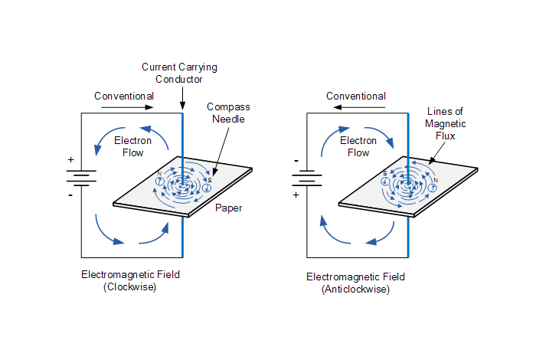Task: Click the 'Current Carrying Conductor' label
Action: coord(180,73)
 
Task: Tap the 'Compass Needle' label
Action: coord(228,114)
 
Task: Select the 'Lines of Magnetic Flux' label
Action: coord(445,123)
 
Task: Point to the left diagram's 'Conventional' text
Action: coord(124,96)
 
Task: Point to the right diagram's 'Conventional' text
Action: coord(356,96)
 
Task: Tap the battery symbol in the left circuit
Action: coord(82,178)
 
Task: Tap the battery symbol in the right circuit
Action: coord(307,178)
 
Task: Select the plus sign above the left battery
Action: coord(71,160)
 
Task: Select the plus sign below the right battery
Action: coord(296,195)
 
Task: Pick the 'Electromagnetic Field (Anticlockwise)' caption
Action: coord(356,283)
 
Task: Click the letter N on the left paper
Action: coord(159,173)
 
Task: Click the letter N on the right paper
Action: coord(436,181)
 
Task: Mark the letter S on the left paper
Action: coord(209,180)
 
